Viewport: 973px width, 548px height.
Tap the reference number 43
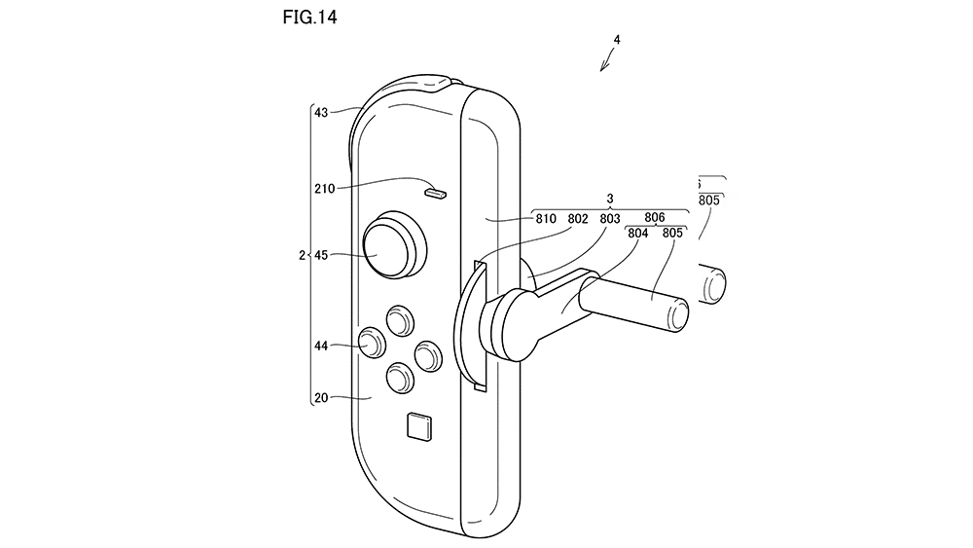[x=321, y=112]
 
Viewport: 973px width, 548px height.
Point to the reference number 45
[x=321, y=256]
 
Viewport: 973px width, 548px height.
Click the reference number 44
[x=321, y=345]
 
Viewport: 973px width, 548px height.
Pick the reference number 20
[x=321, y=397]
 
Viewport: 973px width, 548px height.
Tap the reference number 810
[x=545, y=219]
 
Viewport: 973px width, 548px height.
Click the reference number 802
[x=577, y=219]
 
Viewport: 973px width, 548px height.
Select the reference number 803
[x=609, y=219]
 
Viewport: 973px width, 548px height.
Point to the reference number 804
[x=638, y=234]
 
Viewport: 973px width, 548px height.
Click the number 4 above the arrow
[x=616, y=40]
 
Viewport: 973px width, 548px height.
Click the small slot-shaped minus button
[x=435, y=192]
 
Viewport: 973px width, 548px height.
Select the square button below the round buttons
[x=417, y=425]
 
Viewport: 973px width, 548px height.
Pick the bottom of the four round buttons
[x=400, y=377]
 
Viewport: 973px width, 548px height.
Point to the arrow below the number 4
[x=606, y=61]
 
